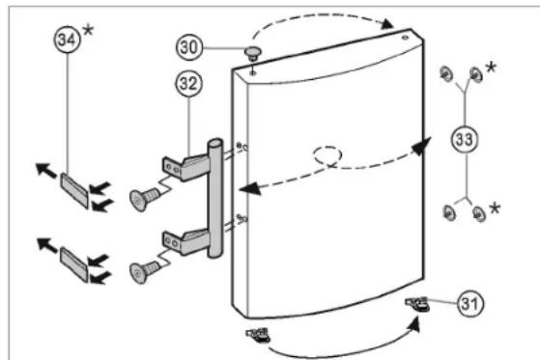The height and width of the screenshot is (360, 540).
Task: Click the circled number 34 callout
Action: pyautogui.click(x=68, y=40)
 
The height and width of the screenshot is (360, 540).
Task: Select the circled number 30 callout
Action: pyautogui.click(x=189, y=47)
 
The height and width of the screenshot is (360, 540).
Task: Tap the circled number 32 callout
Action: pyautogui.click(x=188, y=84)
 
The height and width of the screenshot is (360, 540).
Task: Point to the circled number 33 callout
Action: pyautogui.click(x=465, y=139)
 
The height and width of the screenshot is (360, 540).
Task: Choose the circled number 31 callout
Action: pyautogui.click(x=470, y=304)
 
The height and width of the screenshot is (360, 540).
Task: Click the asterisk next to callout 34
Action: pyautogui.click(x=88, y=31)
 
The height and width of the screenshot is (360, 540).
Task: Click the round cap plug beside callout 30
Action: pyautogui.click(x=253, y=53)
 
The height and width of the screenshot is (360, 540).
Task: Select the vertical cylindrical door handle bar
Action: pyautogui.click(x=214, y=198)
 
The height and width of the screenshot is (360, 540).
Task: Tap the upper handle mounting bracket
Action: pyautogui.click(x=185, y=167)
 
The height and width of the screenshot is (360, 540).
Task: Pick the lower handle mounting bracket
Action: pyautogui.click(x=185, y=241)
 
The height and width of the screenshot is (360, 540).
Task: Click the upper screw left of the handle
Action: pyautogui.click(x=144, y=199)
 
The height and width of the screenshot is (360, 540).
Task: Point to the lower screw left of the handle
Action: pyautogui.click(x=144, y=272)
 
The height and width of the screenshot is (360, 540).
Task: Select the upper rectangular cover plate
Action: pyautogui.click(x=74, y=190)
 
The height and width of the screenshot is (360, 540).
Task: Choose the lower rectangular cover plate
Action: pyautogui.click(x=73, y=264)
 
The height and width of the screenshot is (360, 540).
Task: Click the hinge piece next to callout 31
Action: pyautogui.click(x=417, y=304)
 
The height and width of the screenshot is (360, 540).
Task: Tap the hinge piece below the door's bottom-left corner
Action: pyautogui.click(x=258, y=335)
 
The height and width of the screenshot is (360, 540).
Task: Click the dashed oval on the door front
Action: pyautogui.click(x=327, y=155)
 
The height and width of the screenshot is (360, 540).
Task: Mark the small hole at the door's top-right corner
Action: pyautogui.click(x=406, y=38)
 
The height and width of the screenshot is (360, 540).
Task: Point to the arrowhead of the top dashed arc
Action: pyautogui.click(x=387, y=23)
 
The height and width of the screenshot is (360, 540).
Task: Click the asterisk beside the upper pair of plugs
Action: pyautogui.click(x=491, y=68)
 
